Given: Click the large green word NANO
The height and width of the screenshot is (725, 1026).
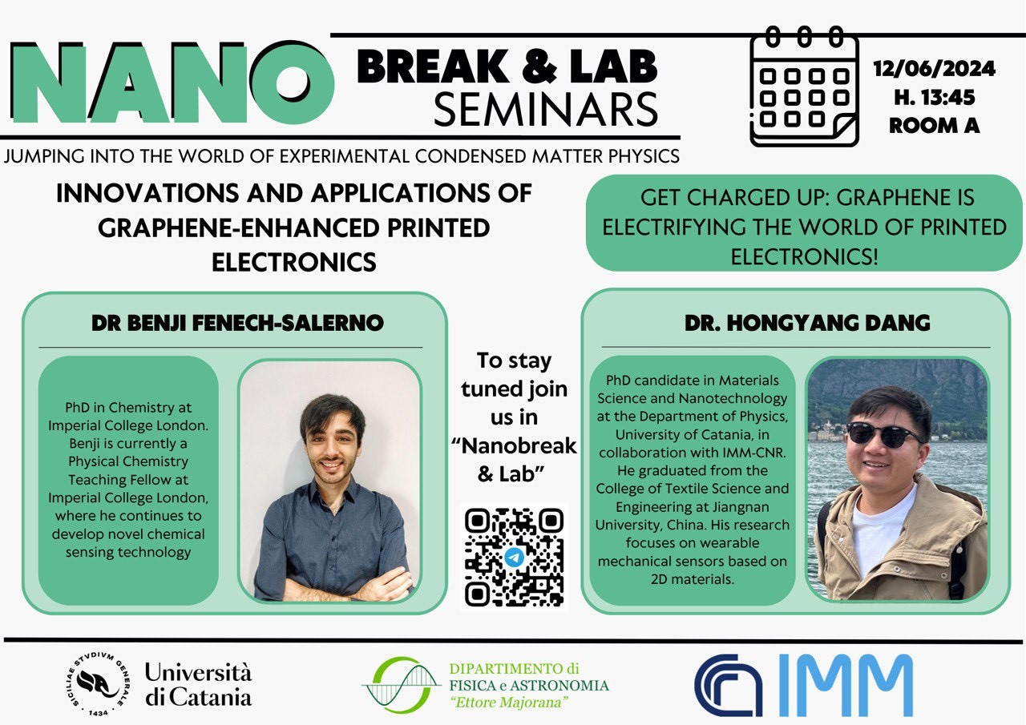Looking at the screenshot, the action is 172,83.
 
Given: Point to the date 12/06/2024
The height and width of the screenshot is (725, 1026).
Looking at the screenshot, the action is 935,69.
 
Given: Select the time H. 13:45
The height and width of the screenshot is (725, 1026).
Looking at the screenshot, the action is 935,98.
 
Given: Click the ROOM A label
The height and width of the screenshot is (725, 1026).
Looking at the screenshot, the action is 935,126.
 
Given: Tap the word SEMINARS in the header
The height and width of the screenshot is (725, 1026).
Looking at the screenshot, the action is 546,110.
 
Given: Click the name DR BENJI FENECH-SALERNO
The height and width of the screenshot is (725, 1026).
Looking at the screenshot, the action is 237,323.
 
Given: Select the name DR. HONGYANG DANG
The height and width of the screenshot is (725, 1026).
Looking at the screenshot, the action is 807,323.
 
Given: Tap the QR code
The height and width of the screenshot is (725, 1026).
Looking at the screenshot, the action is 514,557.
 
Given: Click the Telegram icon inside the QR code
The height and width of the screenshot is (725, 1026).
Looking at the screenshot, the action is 514,558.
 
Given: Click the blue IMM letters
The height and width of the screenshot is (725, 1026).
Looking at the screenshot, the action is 845,685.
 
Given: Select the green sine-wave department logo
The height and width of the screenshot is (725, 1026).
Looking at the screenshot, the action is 402,685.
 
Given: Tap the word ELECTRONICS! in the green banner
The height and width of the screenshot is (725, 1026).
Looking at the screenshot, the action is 804,257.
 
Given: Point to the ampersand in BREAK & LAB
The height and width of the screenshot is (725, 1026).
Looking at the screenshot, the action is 539,66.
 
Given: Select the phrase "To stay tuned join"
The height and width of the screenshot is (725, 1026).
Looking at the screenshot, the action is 514,375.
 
